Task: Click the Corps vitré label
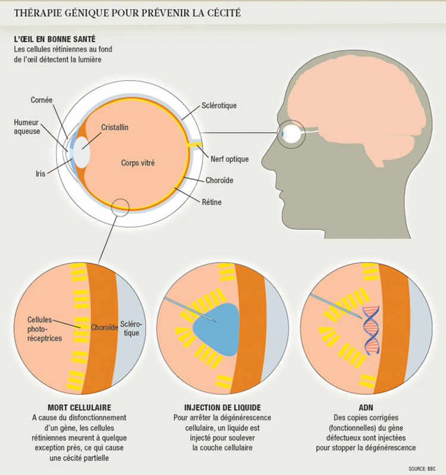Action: point(138,162)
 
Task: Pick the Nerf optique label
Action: point(229,159)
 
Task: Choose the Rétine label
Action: point(211,202)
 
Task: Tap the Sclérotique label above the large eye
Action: point(219,105)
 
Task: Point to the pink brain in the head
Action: point(351,95)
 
